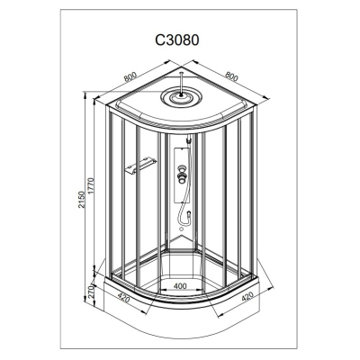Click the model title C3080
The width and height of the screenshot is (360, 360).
point(177,40)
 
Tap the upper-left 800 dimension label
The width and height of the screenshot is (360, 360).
point(130,76)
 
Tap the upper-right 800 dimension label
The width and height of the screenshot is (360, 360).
point(231,76)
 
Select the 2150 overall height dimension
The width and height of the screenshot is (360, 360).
point(82,200)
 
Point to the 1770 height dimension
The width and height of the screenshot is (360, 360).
point(91,187)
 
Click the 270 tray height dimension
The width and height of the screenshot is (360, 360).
point(92,292)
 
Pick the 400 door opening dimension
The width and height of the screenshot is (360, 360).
point(180,286)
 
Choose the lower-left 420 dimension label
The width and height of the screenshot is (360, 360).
point(124,298)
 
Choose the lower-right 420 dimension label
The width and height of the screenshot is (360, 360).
point(247,297)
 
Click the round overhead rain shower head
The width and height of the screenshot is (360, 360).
point(181,97)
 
